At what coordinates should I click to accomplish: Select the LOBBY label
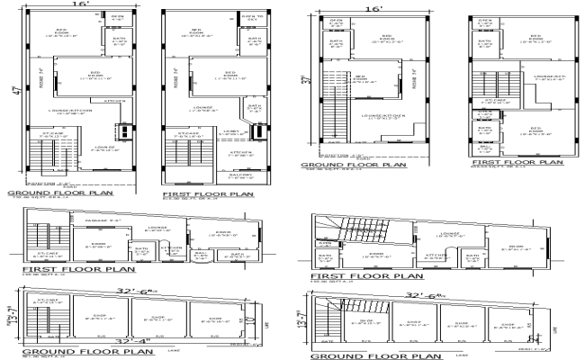tap(231, 132)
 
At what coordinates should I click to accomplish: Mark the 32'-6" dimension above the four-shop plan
tap(425, 294)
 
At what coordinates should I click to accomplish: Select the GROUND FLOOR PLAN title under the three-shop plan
tap(66, 352)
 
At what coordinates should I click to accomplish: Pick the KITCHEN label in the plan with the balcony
tap(238, 152)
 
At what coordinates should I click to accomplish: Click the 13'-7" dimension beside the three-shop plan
tap(15, 317)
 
